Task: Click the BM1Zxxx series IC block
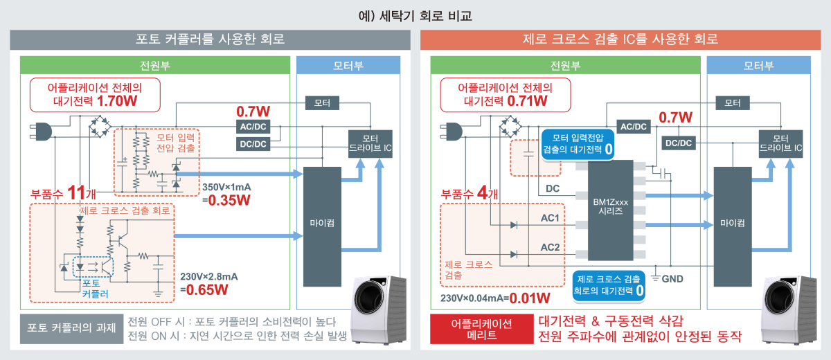610,210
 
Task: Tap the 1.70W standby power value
117,101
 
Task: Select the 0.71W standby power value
527,101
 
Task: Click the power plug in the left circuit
41,132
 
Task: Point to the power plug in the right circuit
451,132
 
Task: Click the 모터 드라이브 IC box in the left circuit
370,144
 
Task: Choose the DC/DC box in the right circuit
679,143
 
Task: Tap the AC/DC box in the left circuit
253,127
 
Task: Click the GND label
672,279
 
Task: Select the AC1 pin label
550,218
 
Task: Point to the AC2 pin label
550,247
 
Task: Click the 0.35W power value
229,200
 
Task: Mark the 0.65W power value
207,290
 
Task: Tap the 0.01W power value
530,298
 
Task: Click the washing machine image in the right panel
789,310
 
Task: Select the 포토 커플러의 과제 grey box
71,328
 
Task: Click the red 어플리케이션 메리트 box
481,330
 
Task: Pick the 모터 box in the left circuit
322,103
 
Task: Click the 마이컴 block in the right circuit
733,227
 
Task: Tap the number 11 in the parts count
76,192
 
